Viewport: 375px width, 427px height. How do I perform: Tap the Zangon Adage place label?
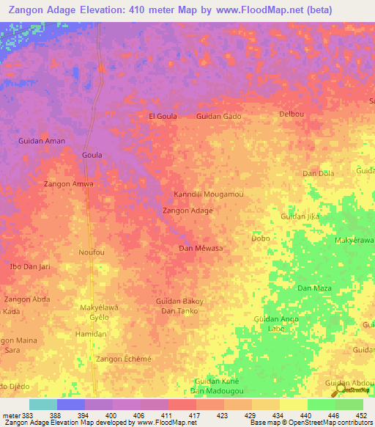point(187,211)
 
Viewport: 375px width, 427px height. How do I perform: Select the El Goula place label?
point(163,116)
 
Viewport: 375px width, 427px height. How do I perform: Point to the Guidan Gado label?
point(218,116)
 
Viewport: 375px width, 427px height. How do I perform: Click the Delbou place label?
point(292,114)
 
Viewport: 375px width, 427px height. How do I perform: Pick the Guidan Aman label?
point(42,141)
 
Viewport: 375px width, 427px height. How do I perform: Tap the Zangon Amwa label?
point(69,183)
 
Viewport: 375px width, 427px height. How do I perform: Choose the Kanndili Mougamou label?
point(208,194)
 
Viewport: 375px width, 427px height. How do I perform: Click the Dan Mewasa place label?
point(201,249)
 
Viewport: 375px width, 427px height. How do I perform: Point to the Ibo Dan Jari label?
point(29,266)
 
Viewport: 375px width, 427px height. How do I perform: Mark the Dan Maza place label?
point(313,288)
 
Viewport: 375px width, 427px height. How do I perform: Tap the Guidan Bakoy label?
point(179,302)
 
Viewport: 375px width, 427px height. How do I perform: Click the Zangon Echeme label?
point(124,358)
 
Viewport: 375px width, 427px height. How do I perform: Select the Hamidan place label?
point(91,334)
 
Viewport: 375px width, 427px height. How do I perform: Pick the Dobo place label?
point(261,238)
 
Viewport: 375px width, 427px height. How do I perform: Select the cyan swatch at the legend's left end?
point(42,404)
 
